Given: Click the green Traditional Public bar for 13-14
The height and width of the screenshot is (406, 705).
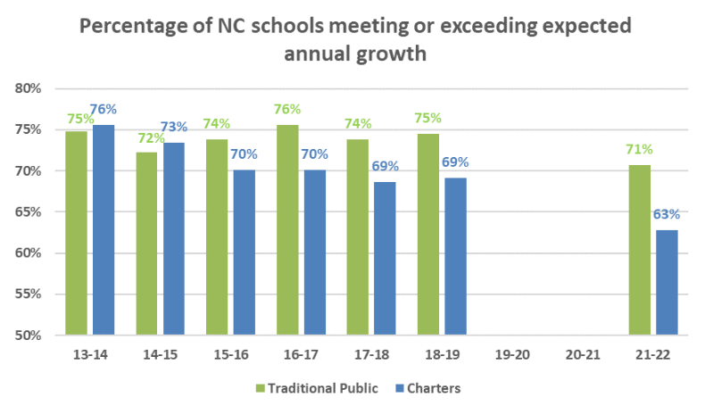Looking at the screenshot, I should click(77, 233).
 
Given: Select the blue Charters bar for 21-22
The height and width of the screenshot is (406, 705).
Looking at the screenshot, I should click(666, 282).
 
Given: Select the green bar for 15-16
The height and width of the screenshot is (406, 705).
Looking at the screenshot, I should click(217, 236).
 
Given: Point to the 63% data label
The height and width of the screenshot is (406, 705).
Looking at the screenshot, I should click(666, 214).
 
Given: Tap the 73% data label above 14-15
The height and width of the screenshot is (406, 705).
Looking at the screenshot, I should click(173, 127).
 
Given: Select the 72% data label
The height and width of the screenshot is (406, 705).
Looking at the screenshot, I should click(146, 138).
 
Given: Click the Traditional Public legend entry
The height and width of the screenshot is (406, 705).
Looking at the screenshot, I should click(311, 388).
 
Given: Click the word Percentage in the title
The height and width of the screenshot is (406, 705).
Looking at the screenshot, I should click(138, 26).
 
